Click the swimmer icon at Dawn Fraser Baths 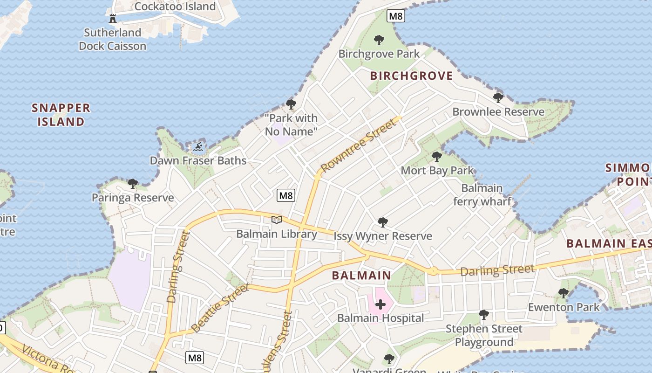coord(198,147)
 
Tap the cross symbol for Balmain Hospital coord(380,305)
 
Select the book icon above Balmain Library coord(277,220)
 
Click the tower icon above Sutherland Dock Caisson coord(112,19)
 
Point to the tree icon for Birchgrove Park coord(379,40)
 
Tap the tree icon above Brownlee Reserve coord(498,98)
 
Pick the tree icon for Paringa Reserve coord(133,184)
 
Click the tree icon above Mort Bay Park coord(436,157)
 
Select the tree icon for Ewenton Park coord(564,293)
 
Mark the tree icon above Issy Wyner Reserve coord(383,222)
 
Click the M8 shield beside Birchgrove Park coord(395,16)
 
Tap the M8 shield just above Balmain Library coord(285,195)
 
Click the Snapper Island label coord(61,115)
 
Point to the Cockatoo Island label coord(175,7)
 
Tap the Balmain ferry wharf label coord(482,195)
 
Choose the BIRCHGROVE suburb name coord(411,76)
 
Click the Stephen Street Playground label coord(484,335)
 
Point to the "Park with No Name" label coord(291,125)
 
